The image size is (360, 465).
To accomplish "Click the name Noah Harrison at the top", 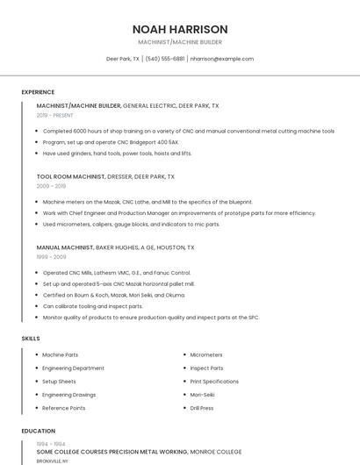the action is [180, 29].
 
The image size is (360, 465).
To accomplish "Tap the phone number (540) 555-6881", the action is [165, 59].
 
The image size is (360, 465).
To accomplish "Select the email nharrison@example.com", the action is [221, 59].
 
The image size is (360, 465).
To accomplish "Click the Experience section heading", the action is [38, 92].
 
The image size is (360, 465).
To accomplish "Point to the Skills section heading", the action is [31, 338].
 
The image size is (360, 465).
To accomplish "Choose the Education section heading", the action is [38, 432].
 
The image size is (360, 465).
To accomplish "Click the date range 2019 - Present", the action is [54, 115].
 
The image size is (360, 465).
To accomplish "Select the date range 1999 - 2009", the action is [51, 257].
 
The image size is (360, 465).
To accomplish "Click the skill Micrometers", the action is [207, 355].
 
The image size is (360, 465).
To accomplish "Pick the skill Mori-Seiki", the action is [205, 395].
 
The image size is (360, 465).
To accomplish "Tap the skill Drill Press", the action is [202, 408].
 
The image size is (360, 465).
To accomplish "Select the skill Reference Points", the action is [64, 408].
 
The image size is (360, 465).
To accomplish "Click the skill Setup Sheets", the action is [60, 382].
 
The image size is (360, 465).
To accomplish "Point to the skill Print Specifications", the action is [214, 382].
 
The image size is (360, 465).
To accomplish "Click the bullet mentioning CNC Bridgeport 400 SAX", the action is [111, 142].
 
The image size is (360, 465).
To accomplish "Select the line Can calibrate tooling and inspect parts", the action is [93, 306].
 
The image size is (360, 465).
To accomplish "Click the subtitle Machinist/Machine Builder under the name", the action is [180, 42].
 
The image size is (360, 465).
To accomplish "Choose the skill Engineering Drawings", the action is [69, 395].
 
